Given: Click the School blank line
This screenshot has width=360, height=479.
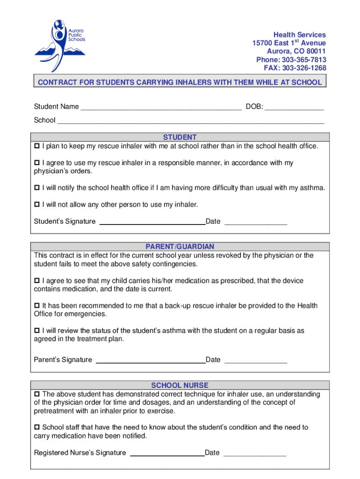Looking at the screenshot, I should pos(190,121).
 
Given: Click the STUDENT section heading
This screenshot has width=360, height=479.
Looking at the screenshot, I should pos(180,137).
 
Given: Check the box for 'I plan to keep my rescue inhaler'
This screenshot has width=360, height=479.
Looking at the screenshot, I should pos(37,146).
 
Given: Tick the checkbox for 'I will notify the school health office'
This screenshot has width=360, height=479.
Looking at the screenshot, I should pos(37,188).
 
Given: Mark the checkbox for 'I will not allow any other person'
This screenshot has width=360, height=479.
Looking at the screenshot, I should pos(37,205).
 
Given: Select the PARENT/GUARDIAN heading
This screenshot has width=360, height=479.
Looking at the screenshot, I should pos(180,247).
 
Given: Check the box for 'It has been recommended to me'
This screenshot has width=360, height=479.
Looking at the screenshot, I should pos(37,306).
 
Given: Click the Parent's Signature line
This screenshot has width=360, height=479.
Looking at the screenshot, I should pos(150,361).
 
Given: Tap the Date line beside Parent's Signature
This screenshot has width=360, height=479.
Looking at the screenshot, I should pos(256,361).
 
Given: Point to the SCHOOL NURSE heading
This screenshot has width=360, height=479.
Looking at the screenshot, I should pos(180,385).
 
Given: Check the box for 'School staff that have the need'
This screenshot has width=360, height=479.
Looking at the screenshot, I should pos(37,428).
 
